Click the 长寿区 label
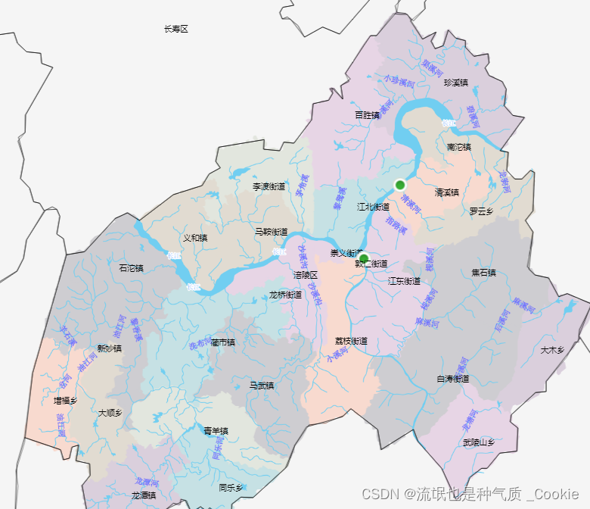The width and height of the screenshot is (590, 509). [x=175, y=29]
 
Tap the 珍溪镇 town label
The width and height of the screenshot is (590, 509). [x=456, y=83]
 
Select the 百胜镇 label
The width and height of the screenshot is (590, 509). [x=368, y=115]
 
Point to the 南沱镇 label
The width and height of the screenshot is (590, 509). [x=459, y=146]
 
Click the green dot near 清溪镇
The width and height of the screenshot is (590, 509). [x=400, y=185]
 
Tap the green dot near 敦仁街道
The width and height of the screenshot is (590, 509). [x=363, y=258]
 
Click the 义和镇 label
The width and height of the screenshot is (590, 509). [x=195, y=237]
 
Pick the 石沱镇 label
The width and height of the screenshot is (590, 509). [x=131, y=267]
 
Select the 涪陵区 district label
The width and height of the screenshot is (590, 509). [x=306, y=275]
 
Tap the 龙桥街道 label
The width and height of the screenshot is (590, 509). [x=286, y=295]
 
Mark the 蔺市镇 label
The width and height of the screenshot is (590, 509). [x=223, y=342]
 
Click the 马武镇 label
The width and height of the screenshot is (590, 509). [x=262, y=386]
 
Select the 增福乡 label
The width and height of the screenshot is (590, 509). [x=66, y=400]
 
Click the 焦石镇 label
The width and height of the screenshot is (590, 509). [x=483, y=272]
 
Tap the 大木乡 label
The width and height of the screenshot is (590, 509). [x=553, y=350]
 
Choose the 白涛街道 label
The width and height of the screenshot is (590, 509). [x=453, y=378]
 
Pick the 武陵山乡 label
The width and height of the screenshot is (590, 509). [x=479, y=442]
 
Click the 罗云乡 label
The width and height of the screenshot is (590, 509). [x=480, y=211]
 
